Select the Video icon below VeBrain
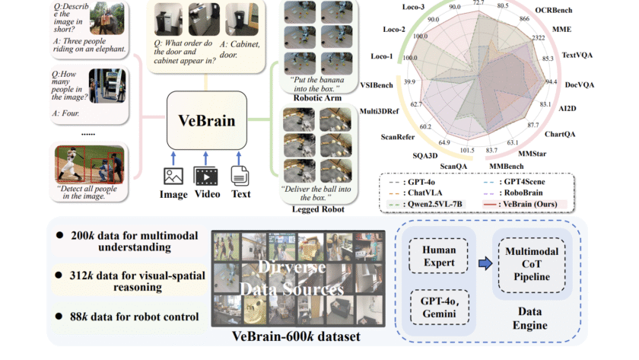click(x=207, y=177)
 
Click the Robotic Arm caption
click(x=311, y=97)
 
